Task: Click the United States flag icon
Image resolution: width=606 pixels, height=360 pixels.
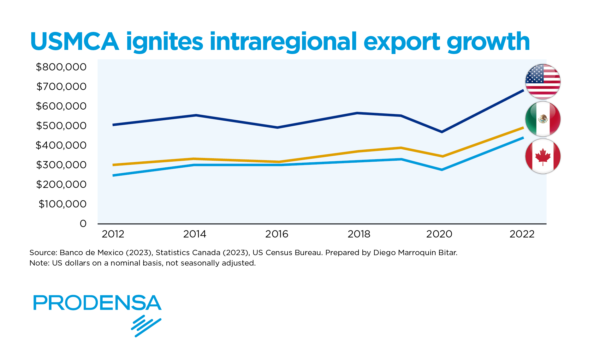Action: point(543,81)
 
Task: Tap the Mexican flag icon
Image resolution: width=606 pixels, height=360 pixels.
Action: point(543,119)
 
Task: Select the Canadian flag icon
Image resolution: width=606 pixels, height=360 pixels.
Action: point(543,156)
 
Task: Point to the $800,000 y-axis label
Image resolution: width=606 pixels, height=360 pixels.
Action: point(61,67)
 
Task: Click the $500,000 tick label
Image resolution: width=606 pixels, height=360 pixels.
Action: point(61,126)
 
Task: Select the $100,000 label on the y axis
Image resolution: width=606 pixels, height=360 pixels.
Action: point(62,204)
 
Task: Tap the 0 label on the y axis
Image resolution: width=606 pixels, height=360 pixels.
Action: point(83,224)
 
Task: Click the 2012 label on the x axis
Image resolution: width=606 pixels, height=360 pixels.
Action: point(113,234)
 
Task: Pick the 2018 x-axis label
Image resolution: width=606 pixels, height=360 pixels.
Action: point(359,234)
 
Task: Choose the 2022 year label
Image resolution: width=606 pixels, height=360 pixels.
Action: point(522,234)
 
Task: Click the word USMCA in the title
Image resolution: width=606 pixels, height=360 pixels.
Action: point(75,42)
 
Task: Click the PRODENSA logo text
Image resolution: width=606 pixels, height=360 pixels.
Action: point(97,303)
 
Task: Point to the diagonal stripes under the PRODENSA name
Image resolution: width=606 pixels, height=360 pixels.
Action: point(146,326)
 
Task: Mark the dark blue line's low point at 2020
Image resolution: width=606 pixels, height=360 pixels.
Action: point(442,132)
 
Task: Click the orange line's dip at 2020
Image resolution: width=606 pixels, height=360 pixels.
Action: point(443,156)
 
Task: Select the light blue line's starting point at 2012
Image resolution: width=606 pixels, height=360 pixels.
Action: point(113,175)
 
